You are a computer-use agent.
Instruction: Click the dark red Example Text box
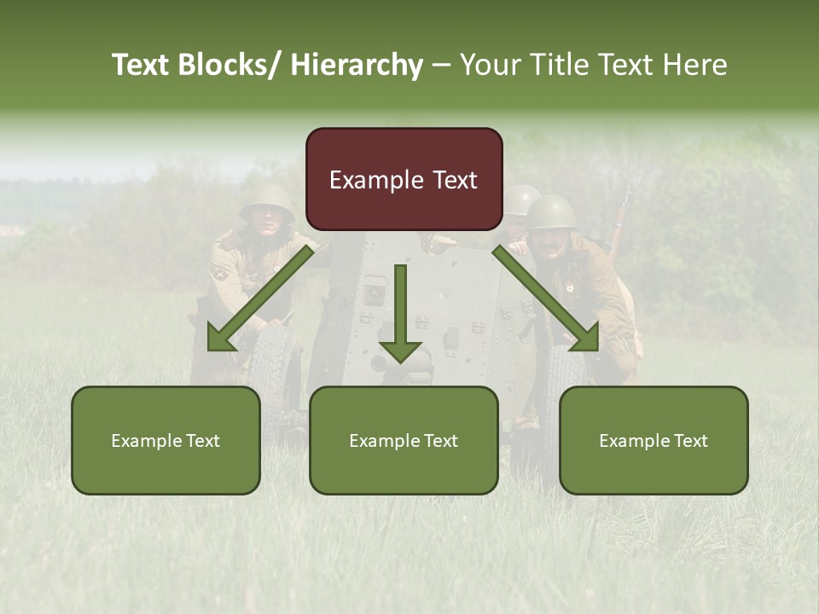pos(404,179)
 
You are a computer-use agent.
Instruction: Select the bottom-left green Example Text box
pos(166,440)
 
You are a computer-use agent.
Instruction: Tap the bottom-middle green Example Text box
pos(404,440)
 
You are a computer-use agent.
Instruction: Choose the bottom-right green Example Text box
pos(653,440)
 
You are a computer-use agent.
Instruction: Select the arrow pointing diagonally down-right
pos(546,298)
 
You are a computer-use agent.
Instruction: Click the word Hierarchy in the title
pos(357,65)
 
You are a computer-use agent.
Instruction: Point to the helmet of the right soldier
pos(550,211)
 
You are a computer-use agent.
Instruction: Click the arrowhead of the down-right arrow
pos(584,338)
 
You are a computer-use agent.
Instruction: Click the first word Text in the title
pos(141,65)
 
